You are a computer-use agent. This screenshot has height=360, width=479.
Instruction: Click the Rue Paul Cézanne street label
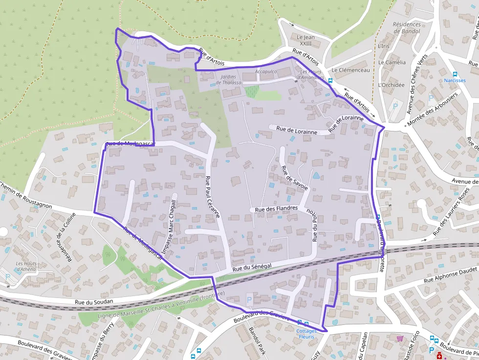coord(213,196)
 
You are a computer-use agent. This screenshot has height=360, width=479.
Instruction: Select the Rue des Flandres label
coord(276,209)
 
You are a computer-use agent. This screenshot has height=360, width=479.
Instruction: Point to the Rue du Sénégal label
coord(252,266)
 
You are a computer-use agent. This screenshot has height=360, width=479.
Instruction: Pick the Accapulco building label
coord(266,72)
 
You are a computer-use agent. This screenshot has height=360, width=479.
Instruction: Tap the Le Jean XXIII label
coord(306,40)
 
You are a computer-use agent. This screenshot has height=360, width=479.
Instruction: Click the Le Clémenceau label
coord(350,70)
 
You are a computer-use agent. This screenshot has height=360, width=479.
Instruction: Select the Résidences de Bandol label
coord(407,28)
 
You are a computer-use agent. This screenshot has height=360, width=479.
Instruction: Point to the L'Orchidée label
coord(391,85)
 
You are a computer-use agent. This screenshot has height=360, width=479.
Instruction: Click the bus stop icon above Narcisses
coord(455,73)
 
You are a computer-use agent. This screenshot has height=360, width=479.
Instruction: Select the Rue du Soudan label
coord(94,302)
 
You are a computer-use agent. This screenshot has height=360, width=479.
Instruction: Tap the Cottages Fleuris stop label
coord(306,334)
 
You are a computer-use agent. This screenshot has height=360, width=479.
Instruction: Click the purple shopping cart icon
coord(400,338)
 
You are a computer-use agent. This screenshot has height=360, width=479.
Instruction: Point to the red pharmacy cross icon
coord(439,357)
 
